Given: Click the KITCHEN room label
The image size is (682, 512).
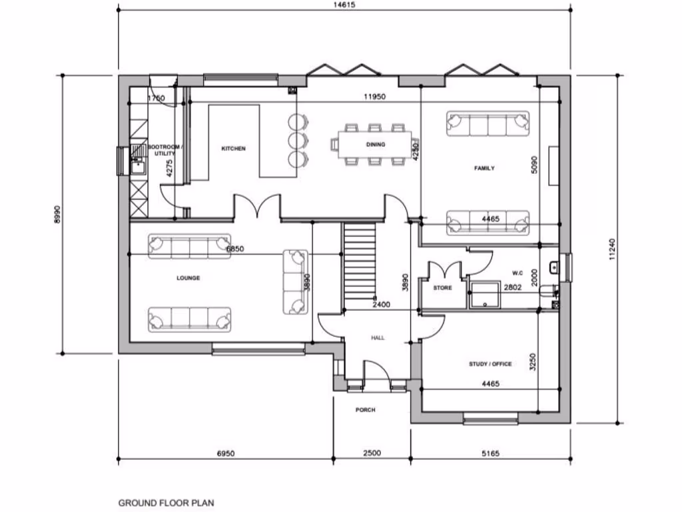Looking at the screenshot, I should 233,149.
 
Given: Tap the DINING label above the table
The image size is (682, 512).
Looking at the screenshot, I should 375,144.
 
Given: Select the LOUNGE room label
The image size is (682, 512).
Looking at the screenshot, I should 188,278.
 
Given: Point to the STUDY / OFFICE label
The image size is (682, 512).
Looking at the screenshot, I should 490,364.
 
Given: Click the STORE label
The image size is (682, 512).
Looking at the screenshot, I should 442,288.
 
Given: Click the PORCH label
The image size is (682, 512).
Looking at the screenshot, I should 365,410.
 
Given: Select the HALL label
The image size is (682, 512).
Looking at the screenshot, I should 378,338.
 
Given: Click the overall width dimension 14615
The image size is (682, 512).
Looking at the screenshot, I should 344,5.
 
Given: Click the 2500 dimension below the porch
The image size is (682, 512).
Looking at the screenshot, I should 372,453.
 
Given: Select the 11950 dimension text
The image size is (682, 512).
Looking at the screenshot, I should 374,97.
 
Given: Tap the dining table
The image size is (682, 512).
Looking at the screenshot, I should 375,145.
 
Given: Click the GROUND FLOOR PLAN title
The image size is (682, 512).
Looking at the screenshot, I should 167,503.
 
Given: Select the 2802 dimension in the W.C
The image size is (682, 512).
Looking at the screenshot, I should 512,287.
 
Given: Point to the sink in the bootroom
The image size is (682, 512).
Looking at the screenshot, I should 139,164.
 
